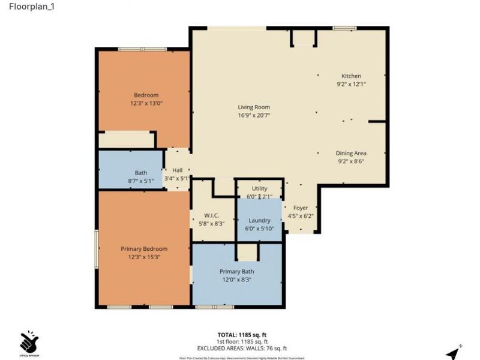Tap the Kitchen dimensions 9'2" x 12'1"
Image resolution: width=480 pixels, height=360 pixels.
pyautogui.click(x=351, y=85)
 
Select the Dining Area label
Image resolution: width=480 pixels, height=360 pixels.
pyautogui.click(x=351, y=153)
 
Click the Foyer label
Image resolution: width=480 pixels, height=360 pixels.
pyautogui.click(x=300, y=208)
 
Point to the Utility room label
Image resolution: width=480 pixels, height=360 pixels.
pyautogui.click(x=259, y=189)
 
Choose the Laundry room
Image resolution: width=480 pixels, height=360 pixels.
pyautogui.click(x=259, y=220)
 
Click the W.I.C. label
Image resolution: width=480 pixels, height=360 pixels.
pyautogui.click(x=211, y=215)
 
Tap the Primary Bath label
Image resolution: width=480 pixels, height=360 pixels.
pyautogui.click(x=236, y=271)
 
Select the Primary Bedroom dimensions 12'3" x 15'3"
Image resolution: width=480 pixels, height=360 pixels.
pyautogui.click(x=144, y=257)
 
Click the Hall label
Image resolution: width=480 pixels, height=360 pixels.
pyautogui.click(x=177, y=170)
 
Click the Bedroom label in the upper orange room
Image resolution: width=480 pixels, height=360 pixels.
pyautogui.click(x=146, y=95)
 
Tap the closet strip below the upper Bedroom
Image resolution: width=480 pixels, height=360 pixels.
pyautogui.click(x=126, y=139)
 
